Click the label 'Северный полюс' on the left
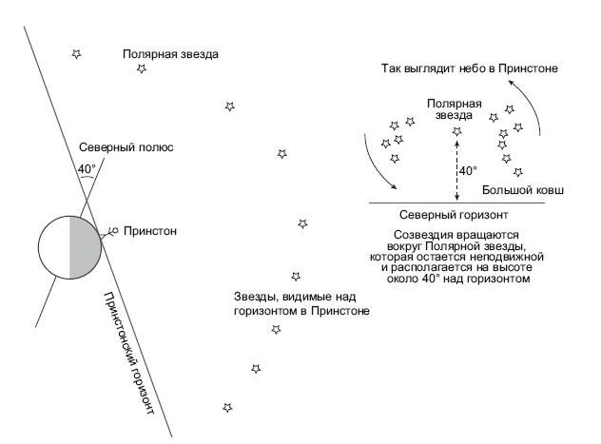[127, 149]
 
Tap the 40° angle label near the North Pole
[87, 170]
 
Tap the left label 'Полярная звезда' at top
[171, 53]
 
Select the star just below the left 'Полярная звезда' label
[142, 68]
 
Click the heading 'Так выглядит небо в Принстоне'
[469, 69]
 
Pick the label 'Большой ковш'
[523, 191]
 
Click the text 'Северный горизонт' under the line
[446, 215]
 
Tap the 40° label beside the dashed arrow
[468, 171]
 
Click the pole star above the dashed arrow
[456, 131]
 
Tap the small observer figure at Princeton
[110, 230]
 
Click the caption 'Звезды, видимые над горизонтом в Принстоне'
[300, 303]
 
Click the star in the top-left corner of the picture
[76, 54]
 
